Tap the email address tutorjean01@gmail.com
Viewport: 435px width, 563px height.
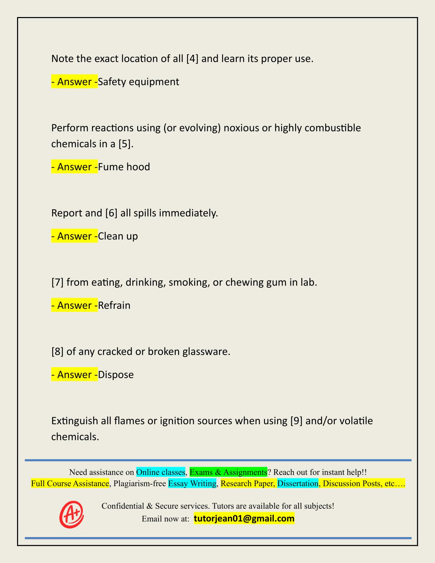(244, 519)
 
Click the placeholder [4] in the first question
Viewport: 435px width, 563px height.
(193, 59)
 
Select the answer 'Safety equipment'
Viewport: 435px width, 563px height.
(138, 82)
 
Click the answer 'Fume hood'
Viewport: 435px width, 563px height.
(124, 167)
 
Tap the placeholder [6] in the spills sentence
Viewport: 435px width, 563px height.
(111, 213)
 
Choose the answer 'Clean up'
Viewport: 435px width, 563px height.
(118, 236)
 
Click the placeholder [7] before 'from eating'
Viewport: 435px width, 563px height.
(57, 282)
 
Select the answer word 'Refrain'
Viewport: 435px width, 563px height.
(114, 305)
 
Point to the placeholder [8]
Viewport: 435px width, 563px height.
(57, 351)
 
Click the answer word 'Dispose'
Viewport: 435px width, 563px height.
(116, 374)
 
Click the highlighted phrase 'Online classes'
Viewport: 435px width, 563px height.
(160, 472)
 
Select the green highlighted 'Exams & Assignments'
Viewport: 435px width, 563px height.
(228, 472)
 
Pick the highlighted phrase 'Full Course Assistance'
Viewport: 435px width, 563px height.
(70, 483)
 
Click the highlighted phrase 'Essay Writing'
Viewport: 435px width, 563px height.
(192, 483)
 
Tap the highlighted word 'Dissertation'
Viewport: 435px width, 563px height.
(298, 483)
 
